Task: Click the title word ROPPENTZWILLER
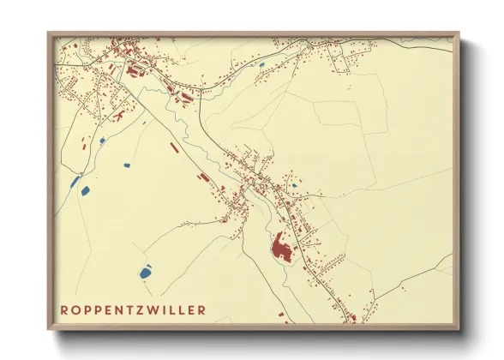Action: (133, 309)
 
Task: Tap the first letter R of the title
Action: (64, 309)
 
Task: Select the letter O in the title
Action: (75, 309)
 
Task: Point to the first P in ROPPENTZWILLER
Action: (87, 309)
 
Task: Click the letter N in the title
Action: (119, 309)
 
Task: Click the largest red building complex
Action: (280, 250)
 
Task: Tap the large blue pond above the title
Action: (145, 273)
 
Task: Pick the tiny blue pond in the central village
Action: (294, 184)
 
